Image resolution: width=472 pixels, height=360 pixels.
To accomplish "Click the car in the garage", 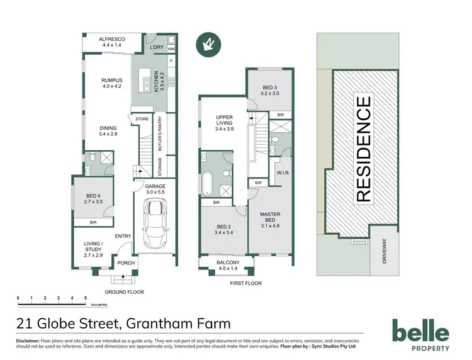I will pyautogui.click(x=154, y=223).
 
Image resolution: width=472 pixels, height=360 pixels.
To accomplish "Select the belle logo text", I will pyautogui.click(x=420, y=331).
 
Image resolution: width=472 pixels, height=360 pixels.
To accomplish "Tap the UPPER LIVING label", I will pyautogui.click(x=225, y=121).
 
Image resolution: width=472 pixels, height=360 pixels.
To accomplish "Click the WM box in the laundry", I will pyautogui.click(x=171, y=48).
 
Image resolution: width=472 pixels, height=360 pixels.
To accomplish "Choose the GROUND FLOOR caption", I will pyautogui.click(x=125, y=292).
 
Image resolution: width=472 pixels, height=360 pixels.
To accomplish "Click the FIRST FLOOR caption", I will pyautogui.click(x=246, y=284).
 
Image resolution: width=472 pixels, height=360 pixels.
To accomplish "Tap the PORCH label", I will pyautogui.click(x=126, y=263).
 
